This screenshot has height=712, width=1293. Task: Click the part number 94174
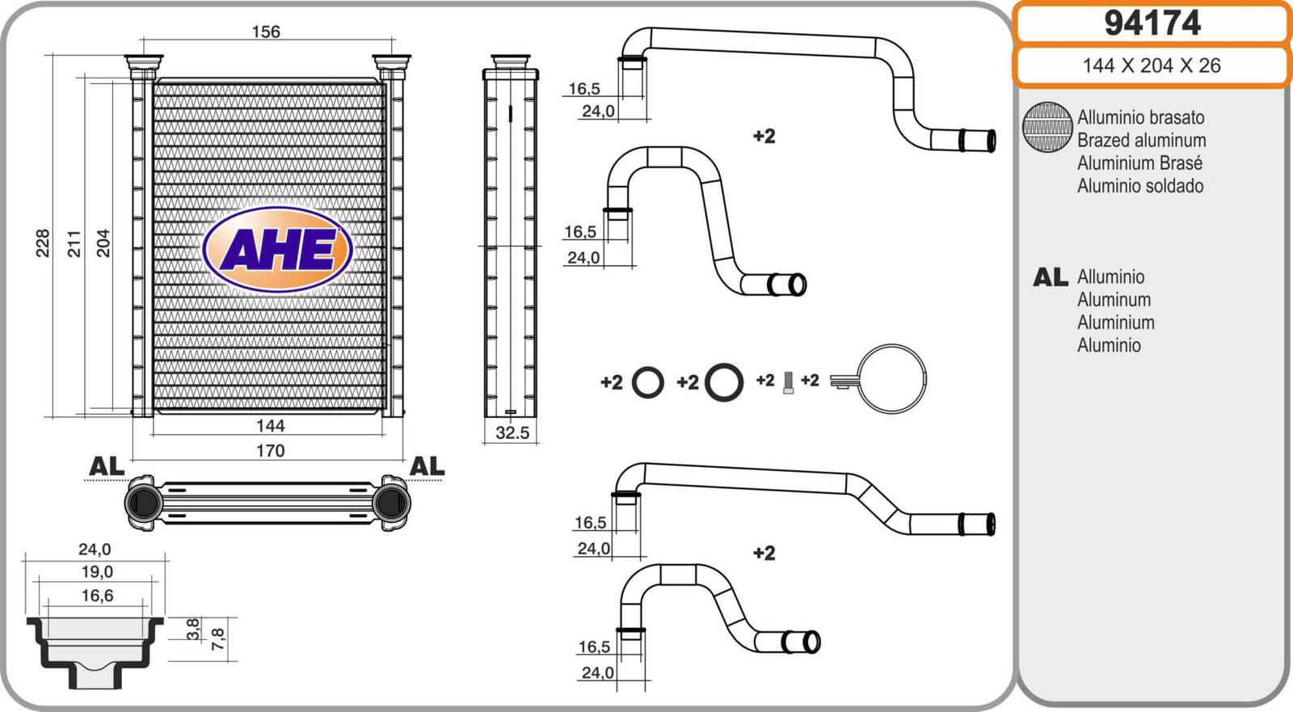1152,23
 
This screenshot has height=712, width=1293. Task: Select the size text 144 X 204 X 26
1152,65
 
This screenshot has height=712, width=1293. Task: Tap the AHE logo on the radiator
278,250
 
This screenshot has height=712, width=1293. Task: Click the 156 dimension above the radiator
266,32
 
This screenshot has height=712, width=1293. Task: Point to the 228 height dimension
43,242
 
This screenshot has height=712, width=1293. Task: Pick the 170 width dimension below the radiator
270,450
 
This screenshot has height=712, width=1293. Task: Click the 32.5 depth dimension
512,432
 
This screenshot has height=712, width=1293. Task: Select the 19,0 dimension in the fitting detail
97,571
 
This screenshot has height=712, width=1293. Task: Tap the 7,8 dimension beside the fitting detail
218,639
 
